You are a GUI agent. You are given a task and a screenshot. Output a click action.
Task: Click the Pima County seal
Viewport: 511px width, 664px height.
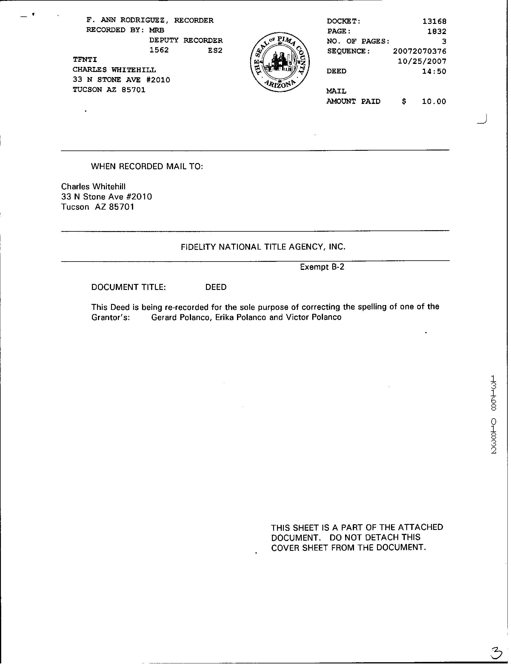[280, 63]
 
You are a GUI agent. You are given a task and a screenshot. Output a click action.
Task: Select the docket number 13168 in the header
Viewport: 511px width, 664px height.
[434, 21]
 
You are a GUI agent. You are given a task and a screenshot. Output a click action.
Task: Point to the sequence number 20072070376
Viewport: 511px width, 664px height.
[419, 51]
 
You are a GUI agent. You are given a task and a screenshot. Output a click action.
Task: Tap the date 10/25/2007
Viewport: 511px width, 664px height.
[422, 61]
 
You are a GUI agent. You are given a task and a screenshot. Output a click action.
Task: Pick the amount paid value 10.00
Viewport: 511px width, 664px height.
[434, 102]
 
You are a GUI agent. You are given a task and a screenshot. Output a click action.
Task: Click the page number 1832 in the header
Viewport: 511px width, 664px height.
[436, 31]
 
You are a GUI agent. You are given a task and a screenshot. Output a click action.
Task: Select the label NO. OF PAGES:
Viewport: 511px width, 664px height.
[358, 41]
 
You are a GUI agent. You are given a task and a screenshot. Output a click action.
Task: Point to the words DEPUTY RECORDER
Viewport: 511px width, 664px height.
[186, 40]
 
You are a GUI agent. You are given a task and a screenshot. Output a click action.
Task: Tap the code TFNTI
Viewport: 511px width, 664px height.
[85, 60]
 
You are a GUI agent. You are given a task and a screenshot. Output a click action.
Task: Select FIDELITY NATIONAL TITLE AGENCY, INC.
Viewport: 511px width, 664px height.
[263, 247]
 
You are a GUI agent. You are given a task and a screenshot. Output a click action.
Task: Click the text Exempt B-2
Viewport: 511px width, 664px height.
[322, 267]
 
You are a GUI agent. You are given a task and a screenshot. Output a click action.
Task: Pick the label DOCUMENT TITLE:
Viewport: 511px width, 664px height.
[128, 287]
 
